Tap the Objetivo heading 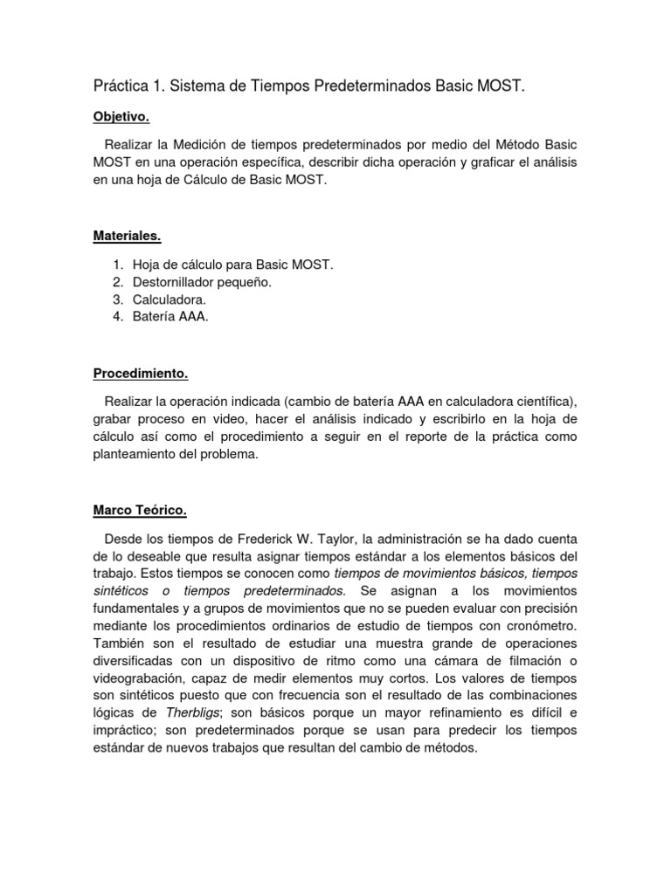[x=121, y=116]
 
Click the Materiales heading [x=127, y=236]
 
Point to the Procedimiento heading [x=141, y=374]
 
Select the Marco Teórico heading [x=140, y=511]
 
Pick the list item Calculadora [x=169, y=299]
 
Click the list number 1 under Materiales [x=118, y=265]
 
